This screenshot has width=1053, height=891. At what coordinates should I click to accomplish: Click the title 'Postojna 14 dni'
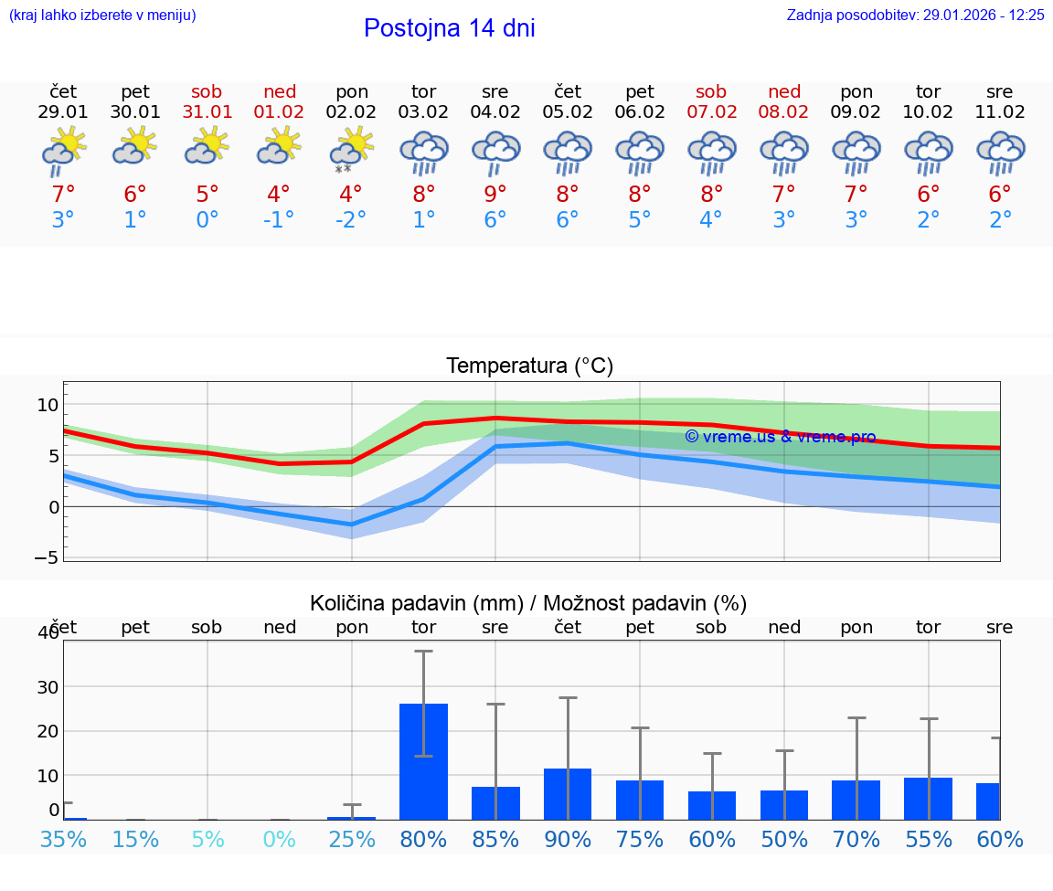point(449,28)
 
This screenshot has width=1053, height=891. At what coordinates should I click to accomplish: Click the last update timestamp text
point(915,16)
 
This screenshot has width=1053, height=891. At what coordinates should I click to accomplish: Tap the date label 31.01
point(207,112)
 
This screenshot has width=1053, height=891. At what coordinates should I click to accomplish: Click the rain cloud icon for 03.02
point(423,152)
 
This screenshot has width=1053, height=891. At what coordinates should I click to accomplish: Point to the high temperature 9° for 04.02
point(495,194)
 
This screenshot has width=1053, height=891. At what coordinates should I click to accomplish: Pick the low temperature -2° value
point(351,220)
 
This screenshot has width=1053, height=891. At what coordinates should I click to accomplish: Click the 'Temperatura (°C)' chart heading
point(529,366)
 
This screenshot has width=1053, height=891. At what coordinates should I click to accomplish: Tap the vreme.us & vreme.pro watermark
point(780,437)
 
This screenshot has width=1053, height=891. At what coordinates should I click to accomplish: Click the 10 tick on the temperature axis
point(48,405)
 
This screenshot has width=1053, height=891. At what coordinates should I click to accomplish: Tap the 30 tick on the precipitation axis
point(47,686)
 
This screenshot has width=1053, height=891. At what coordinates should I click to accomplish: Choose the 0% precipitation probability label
point(280,839)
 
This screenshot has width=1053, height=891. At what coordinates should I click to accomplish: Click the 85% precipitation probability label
point(495,839)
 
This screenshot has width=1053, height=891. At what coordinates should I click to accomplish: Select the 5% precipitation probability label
point(207,839)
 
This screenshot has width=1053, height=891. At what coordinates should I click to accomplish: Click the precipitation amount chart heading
point(528,603)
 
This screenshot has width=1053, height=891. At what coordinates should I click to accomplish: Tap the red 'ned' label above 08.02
point(784,91)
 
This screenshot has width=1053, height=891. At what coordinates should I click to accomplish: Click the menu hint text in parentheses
point(102,16)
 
